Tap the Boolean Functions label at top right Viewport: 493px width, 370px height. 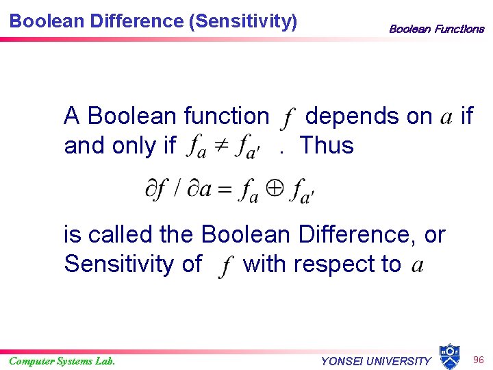(x=436, y=29)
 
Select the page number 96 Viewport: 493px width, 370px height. (x=478, y=359)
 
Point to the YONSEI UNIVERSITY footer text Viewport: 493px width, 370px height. (x=376, y=361)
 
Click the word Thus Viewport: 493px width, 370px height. (x=327, y=145)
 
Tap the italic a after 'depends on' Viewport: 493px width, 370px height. (x=446, y=119)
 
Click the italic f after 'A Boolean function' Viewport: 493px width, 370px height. (x=286, y=119)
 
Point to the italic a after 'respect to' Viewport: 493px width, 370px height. (x=416, y=265)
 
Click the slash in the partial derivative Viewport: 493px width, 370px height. (x=177, y=190)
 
